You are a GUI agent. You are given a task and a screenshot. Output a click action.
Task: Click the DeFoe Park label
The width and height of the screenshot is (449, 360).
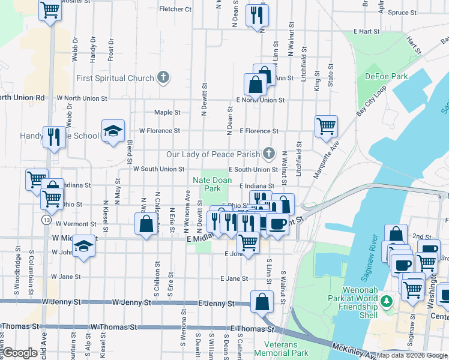pos(386,77)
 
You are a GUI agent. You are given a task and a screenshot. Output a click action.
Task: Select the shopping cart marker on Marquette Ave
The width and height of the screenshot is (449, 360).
pos(326,126)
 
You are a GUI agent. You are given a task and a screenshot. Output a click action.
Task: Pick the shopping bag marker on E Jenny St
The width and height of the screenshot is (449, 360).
pos(262,301)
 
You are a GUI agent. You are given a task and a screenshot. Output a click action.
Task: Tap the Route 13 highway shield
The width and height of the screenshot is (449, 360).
pos(46,220)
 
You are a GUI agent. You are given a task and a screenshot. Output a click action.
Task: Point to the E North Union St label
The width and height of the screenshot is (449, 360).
pos(260,100)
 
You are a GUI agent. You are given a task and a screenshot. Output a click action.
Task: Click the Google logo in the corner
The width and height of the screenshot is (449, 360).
pos(19,353)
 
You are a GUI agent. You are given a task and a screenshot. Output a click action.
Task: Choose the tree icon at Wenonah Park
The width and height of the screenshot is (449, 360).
pos(387,300)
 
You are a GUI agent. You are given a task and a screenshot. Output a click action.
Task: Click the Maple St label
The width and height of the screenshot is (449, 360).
pos(167,112)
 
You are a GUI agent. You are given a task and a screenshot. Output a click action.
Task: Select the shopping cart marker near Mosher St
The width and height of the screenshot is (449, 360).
pos(50,9)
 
